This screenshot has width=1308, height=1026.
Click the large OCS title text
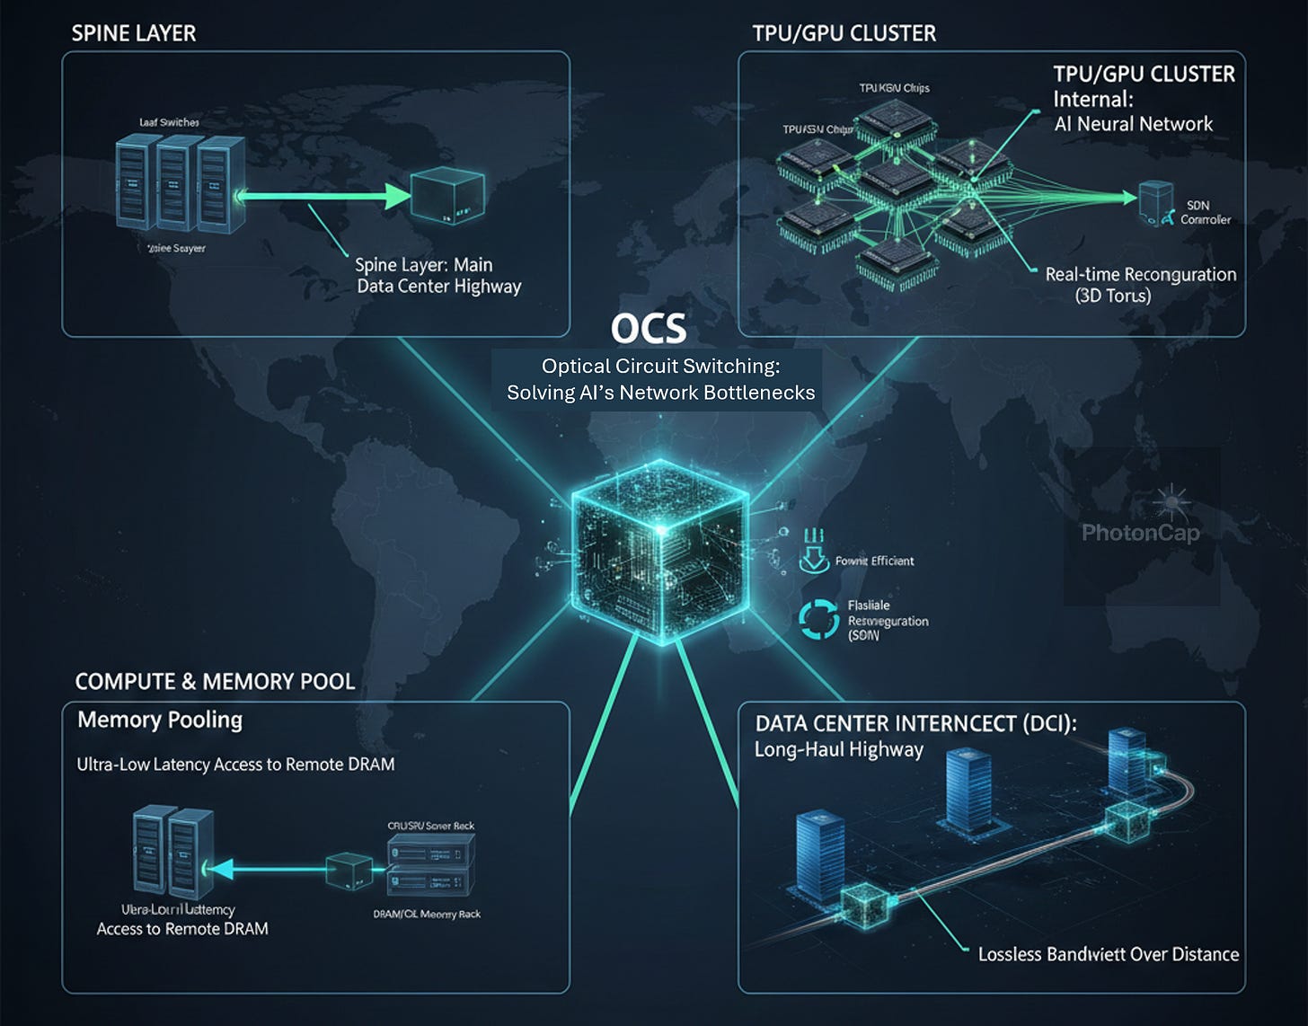click(x=649, y=329)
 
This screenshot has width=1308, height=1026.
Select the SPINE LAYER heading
click(x=133, y=33)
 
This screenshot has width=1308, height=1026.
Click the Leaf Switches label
click(x=169, y=122)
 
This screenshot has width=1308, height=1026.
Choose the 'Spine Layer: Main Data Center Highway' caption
click(x=437, y=276)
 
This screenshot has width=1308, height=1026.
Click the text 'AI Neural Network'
click(x=1133, y=124)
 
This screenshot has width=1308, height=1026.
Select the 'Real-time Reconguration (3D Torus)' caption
click(x=1140, y=285)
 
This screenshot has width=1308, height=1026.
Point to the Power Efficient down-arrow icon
click(x=813, y=553)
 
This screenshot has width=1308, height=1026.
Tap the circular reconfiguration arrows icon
click(x=818, y=620)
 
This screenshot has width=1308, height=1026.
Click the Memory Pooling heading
click(x=160, y=720)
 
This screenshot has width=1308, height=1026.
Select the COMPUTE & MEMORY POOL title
click(x=215, y=681)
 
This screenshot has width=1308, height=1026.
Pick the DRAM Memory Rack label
click(x=427, y=914)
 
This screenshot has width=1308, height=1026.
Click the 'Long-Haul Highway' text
click(x=838, y=749)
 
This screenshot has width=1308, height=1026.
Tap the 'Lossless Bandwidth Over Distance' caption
click(x=1108, y=954)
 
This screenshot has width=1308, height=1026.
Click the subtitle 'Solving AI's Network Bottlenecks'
click(x=660, y=393)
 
